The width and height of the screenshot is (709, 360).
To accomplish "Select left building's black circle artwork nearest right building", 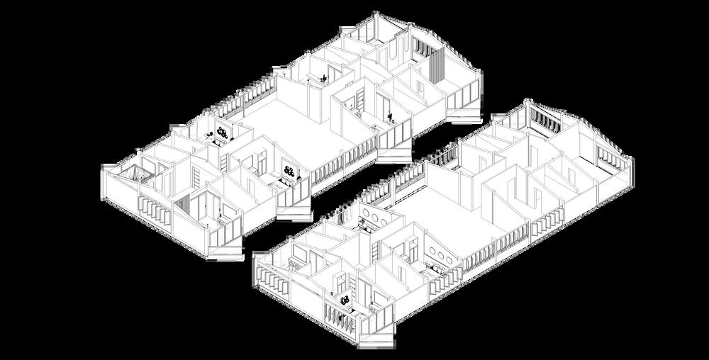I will [x=289, y=170].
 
